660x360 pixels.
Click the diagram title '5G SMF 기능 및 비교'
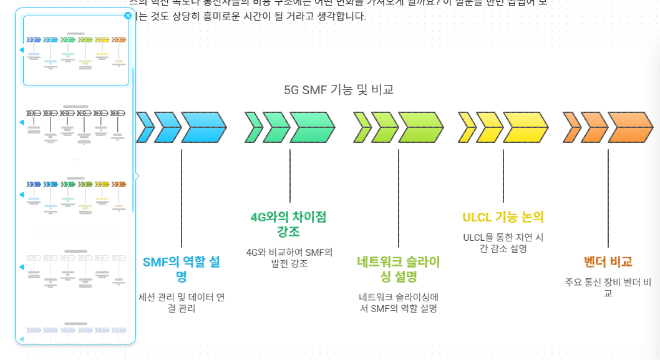[339, 90]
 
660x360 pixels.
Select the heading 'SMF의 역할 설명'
[181, 269]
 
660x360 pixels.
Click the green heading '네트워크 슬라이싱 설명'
[399, 269]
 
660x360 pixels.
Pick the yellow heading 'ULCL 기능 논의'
[503, 217]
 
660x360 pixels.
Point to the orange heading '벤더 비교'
[608, 261]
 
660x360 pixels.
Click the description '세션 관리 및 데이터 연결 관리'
[181, 303]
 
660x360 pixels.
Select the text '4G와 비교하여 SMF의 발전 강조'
[289, 258]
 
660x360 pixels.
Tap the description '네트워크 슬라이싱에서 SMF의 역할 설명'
[399, 303]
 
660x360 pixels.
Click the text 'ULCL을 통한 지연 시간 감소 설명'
[503, 243]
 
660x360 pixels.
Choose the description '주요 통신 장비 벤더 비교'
[608, 287]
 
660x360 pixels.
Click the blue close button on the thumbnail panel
[128, 16]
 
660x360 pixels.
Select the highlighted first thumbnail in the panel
[76, 50]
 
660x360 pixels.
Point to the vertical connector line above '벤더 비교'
[608, 200]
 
